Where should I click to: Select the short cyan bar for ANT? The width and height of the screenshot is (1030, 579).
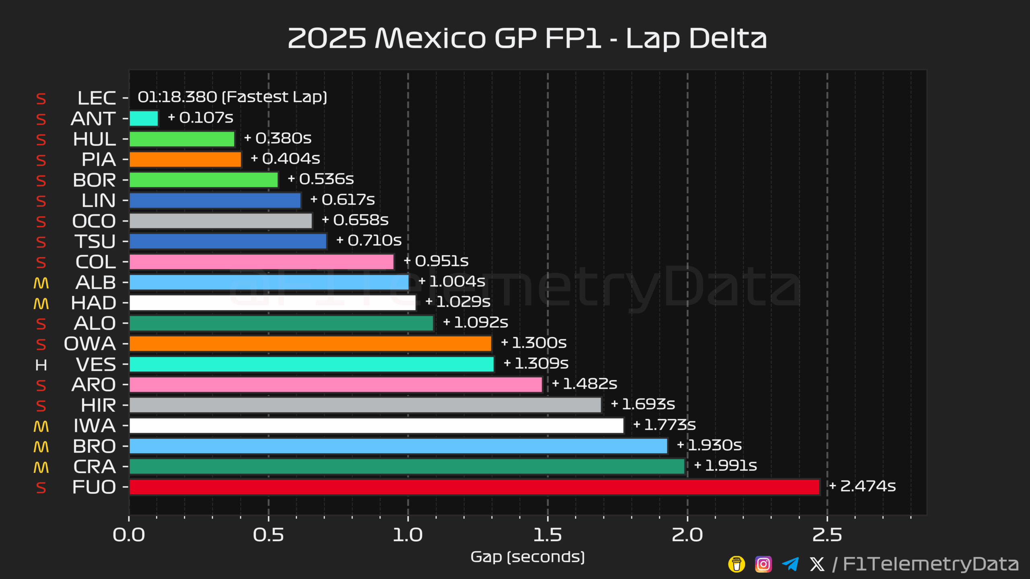pyautogui.click(x=144, y=119)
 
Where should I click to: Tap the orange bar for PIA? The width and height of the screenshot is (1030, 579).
pyautogui.click(x=185, y=160)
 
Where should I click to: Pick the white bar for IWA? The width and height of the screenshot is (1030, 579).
pyautogui.click(x=376, y=426)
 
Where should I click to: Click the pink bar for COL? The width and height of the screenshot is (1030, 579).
pyautogui.click(x=262, y=262)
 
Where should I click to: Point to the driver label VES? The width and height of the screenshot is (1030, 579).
pyautogui.click(x=96, y=365)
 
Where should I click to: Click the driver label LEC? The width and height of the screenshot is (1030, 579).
pyautogui.click(x=97, y=98)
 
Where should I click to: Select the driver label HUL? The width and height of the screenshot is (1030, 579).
pyautogui.click(x=95, y=139)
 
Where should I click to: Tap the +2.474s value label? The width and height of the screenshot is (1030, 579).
pyautogui.click(x=863, y=486)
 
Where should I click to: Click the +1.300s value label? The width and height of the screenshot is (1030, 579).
pyautogui.click(x=534, y=343)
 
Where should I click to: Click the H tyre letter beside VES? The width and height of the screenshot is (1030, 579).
pyautogui.click(x=41, y=365)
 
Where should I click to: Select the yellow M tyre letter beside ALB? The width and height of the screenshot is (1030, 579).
pyautogui.click(x=41, y=283)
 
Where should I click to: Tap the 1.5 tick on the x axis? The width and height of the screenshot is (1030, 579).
pyautogui.click(x=547, y=535)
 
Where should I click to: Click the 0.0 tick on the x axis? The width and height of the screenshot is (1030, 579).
pyautogui.click(x=129, y=535)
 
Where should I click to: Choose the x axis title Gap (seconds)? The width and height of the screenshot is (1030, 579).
pyautogui.click(x=527, y=557)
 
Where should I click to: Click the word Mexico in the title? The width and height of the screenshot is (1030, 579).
pyautogui.click(x=431, y=39)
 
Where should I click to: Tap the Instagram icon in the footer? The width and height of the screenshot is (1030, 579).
pyautogui.click(x=763, y=564)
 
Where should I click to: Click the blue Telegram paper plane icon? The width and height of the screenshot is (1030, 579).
pyautogui.click(x=790, y=564)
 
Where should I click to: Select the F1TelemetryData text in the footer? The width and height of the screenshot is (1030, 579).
pyautogui.click(x=931, y=564)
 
